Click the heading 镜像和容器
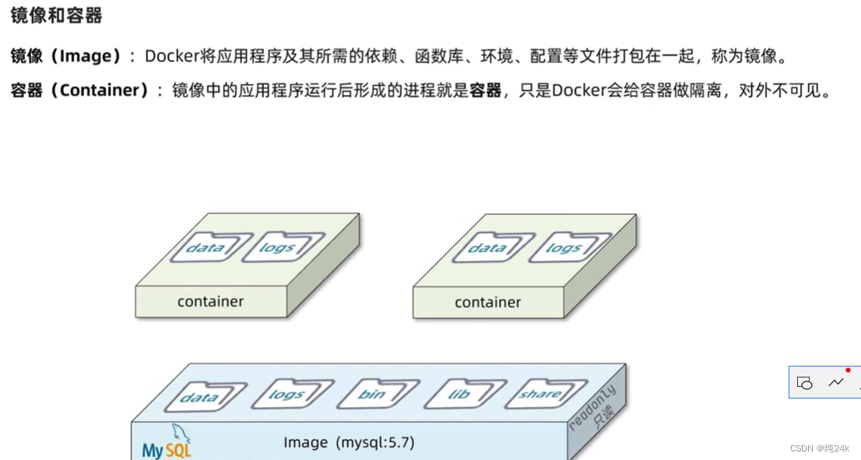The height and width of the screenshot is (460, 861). click(56, 16)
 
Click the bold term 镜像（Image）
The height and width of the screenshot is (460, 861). click(66, 56)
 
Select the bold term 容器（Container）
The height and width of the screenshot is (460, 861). click(79, 90)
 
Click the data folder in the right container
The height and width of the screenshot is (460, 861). click(487, 248)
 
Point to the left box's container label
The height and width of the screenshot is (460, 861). click(210, 301)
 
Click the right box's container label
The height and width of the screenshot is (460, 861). click(488, 302)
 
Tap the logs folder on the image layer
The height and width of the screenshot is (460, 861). click(286, 395)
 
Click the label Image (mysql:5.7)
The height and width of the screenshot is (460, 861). click(349, 442)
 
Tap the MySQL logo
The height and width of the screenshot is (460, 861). click(167, 444)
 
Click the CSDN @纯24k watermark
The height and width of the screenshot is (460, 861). click(819, 448)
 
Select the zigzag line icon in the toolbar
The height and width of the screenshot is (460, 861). click(836, 382)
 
